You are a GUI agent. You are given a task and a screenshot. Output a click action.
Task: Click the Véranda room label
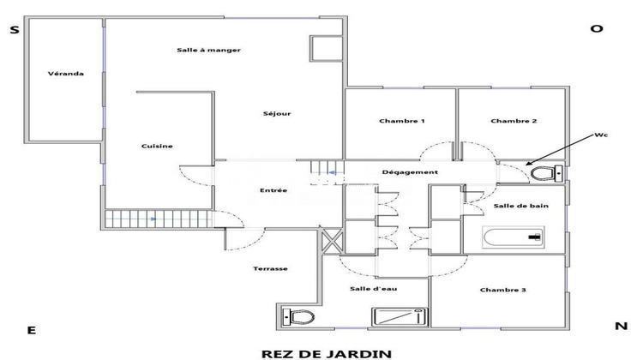point(66,74)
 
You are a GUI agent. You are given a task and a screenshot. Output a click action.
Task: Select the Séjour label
point(277,113)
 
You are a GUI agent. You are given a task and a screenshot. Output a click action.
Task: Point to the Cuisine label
point(157,146)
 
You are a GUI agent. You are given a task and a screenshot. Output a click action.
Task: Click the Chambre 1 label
point(402,121)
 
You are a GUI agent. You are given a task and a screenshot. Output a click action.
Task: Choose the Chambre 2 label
point(514,121)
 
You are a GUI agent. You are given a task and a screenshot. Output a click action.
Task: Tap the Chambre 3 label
point(502,290)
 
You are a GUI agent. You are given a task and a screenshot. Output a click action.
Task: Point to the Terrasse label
point(270,268)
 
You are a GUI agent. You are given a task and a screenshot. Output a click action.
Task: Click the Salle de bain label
point(516,207)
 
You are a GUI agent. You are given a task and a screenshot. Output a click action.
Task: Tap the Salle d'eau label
point(371,288)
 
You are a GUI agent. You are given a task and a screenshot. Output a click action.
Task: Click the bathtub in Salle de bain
point(514,236)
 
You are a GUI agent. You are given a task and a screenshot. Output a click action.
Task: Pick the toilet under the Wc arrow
point(543,174)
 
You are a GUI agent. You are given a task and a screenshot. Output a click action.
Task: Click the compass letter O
point(597,28)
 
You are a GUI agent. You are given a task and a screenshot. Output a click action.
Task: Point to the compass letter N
point(621,326)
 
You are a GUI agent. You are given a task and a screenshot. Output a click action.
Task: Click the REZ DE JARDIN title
point(326,351)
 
